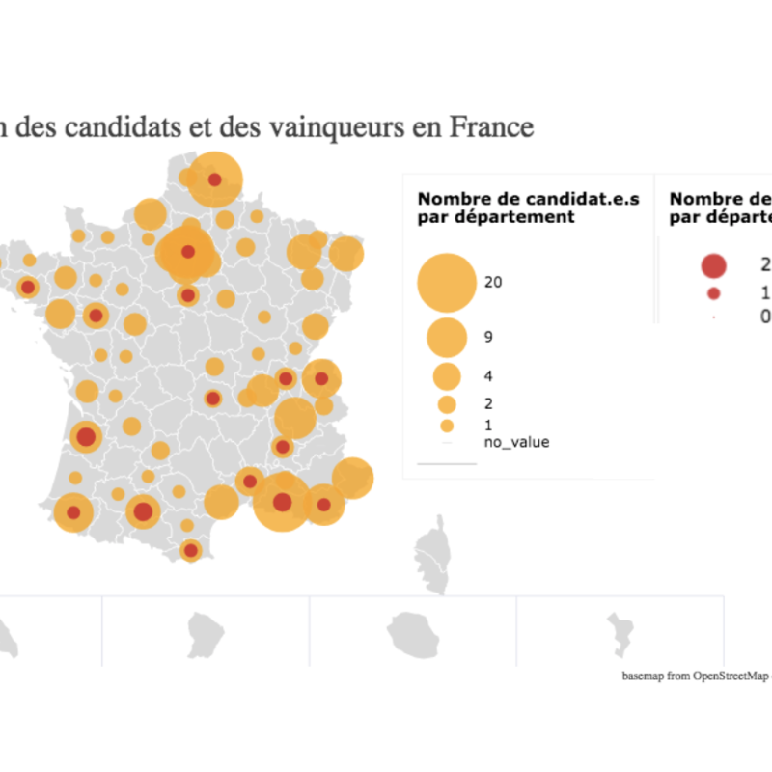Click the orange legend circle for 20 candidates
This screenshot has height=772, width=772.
coord(447,282)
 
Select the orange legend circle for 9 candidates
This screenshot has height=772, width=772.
coord(447,336)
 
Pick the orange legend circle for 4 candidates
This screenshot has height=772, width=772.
coord(447,375)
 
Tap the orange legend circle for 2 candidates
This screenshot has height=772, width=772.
coord(447,404)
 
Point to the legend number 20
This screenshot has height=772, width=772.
coord(494,283)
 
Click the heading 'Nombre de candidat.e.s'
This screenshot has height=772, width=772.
coord(528,199)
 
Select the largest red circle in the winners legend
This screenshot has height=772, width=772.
coord(713,264)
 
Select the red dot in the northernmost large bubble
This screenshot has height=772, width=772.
coord(214,179)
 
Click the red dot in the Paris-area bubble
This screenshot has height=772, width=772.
coord(188,252)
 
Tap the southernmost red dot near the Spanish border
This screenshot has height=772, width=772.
coord(191,550)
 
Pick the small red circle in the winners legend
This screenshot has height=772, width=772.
coord(713,293)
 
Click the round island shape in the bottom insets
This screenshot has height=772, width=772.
coord(413,633)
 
